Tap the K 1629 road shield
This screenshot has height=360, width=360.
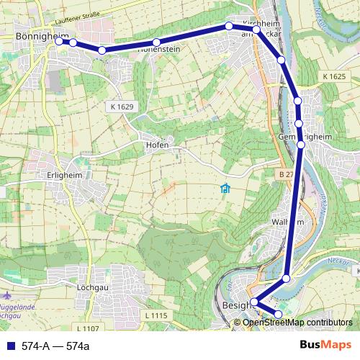(122, 107)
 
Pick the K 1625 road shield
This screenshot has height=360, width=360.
(334, 76)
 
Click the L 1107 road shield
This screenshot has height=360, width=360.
(86, 328)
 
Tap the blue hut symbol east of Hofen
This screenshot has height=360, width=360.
(225, 189)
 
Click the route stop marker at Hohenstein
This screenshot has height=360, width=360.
(156, 42)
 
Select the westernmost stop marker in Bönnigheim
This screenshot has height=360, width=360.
(59, 41)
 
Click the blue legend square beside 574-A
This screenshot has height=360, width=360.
(9, 346)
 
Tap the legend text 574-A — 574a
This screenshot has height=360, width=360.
(55, 346)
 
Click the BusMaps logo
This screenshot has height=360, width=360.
(325, 345)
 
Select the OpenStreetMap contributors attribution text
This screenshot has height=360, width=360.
(297, 322)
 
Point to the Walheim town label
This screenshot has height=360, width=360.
(287, 223)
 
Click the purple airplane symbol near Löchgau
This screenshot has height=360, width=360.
(8, 295)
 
